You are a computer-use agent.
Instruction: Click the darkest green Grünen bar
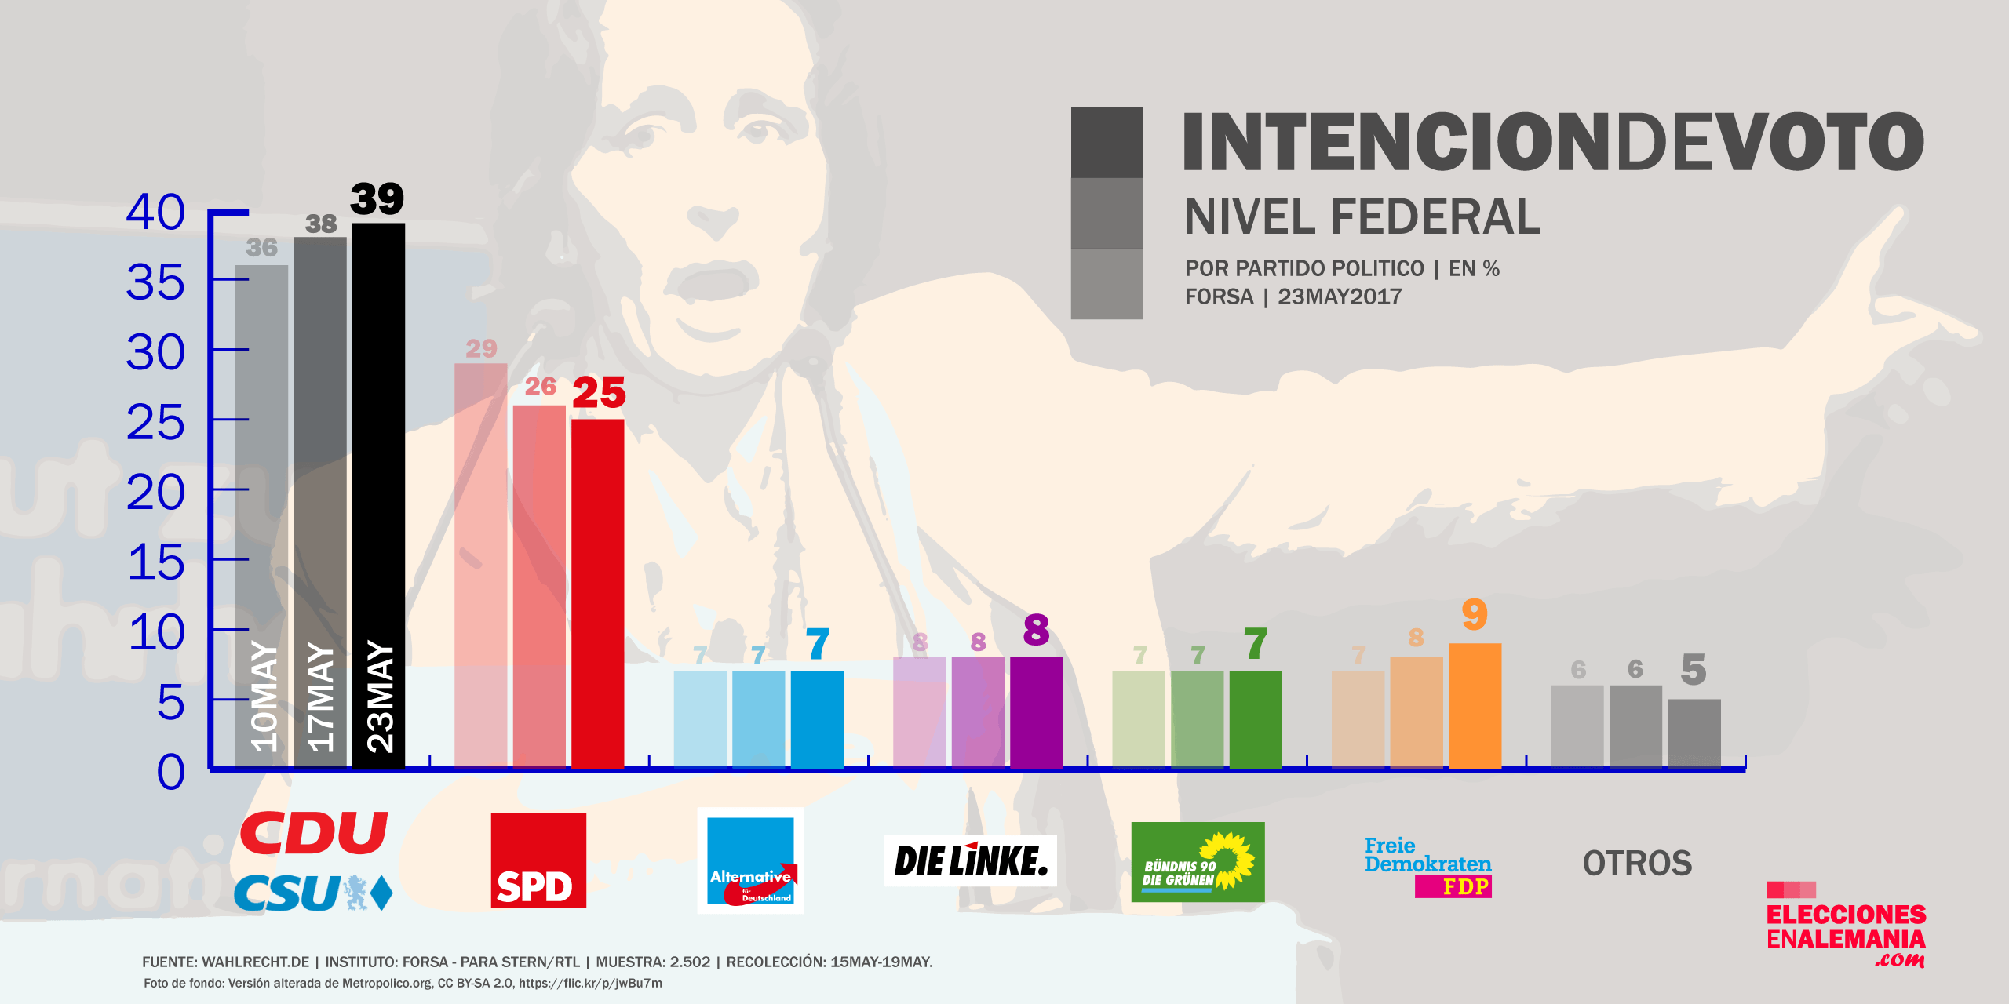coord(1256,718)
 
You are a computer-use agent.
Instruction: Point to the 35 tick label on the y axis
coord(155,282)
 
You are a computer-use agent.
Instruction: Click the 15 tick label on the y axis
coord(155,562)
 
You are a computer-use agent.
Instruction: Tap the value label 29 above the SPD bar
coord(481,348)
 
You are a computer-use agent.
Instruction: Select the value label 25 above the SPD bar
coord(599,393)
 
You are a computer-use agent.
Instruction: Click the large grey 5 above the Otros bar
coord(1694,670)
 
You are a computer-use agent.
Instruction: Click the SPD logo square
coord(538,860)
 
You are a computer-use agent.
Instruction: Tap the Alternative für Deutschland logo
coord(750,860)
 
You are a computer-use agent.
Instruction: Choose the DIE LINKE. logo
coord(970,860)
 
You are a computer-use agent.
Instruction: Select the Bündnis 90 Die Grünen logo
coord(1198,862)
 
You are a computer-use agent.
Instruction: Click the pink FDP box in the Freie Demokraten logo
coord(1453,886)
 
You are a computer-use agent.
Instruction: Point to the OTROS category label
coord(1637,864)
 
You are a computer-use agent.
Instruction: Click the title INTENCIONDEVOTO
coord(1552,142)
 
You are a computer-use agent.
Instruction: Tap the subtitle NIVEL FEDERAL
coord(1362,216)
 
